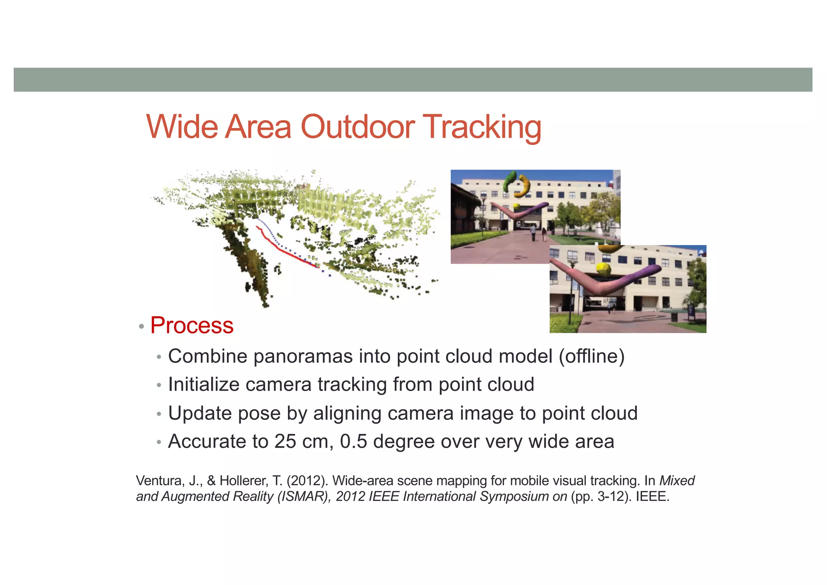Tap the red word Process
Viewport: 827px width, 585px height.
coord(192,325)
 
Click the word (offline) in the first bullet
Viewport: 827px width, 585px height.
coord(592,356)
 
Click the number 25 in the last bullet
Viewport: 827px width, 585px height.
coord(285,441)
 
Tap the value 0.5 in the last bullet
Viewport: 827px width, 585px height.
coord(353,441)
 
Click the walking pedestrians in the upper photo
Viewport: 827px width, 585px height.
coord(538,233)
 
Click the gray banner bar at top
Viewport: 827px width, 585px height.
coord(413,80)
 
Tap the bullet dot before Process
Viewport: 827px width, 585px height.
coord(141,326)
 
